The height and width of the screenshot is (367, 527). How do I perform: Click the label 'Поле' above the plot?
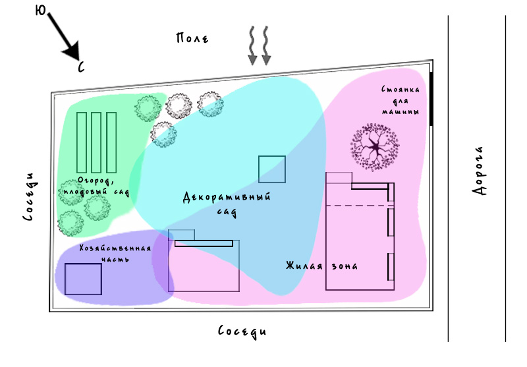[192, 38]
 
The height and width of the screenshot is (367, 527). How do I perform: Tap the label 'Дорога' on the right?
[480, 171]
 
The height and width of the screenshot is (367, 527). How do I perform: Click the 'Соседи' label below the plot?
[243, 331]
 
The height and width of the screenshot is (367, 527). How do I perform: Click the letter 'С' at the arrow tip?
[81, 67]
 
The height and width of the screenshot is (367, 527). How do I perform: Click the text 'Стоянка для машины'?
[400, 100]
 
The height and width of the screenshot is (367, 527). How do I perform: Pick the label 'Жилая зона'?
[321, 266]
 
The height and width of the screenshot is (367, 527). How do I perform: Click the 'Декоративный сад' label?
[227, 203]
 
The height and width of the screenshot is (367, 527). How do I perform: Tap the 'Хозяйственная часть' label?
[115, 253]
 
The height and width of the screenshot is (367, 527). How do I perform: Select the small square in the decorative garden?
[271, 169]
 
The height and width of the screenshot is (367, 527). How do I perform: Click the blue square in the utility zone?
[83, 279]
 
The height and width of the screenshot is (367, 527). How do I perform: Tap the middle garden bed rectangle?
[96, 142]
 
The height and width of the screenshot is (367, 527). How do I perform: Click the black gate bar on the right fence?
[432, 99]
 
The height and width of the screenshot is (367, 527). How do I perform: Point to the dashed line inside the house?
[359, 206]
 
